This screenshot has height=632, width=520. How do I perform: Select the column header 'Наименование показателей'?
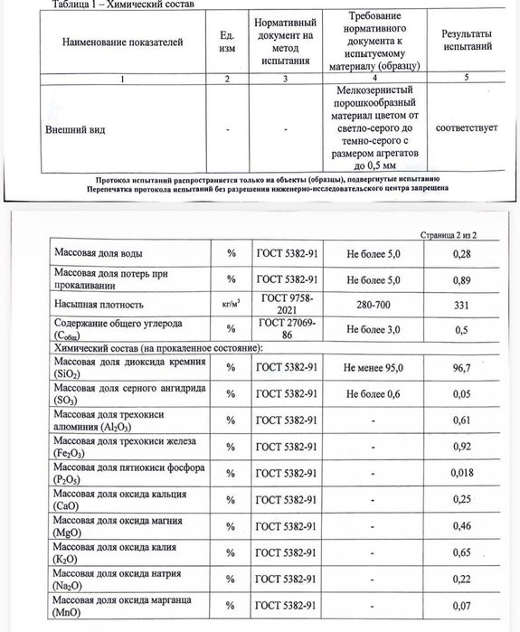[121, 43]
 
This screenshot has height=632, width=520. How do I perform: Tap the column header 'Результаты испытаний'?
[467, 39]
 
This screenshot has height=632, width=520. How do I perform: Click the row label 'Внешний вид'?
[76, 129]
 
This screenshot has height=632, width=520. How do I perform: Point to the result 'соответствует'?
[467, 129]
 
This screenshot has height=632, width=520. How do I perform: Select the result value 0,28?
[462, 256]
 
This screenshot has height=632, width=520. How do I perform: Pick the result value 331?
[462, 305]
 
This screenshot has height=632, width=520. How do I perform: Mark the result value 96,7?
[462, 369]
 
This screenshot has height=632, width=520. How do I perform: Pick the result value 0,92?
[462, 448]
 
